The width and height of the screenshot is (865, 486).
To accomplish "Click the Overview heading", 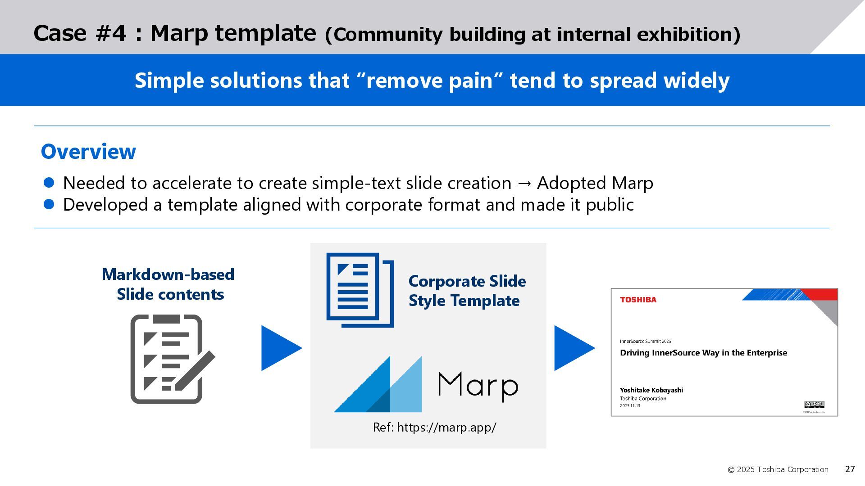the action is (x=88, y=152).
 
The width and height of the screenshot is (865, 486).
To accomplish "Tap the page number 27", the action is (x=850, y=469).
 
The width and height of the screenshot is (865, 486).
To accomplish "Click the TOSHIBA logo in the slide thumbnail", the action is (x=638, y=300).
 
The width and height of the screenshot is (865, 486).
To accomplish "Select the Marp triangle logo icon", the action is (x=378, y=384).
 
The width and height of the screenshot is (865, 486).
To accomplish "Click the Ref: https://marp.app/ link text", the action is (x=434, y=427).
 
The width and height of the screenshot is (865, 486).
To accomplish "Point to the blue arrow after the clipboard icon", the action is (x=280, y=348).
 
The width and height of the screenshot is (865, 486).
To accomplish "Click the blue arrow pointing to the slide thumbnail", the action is (x=573, y=348).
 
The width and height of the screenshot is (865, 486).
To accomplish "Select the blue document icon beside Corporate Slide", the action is (x=360, y=290).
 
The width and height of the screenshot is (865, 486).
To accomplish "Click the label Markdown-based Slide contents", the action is (x=168, y=284).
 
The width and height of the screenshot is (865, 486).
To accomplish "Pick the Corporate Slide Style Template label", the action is (x=467, y=291).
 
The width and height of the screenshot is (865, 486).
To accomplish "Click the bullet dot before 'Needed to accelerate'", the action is (x=49, y=182).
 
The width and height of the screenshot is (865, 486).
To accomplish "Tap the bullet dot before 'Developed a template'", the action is (x=49, y=204).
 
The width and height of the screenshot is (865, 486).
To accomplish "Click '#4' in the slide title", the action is (x=111, y=34).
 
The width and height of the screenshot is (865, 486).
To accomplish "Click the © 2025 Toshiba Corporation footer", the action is (x=778, y=469).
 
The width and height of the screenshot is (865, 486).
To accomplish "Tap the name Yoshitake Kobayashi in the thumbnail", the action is (x=651, y=390).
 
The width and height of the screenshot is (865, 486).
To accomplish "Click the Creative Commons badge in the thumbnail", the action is (x=814, y=404).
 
